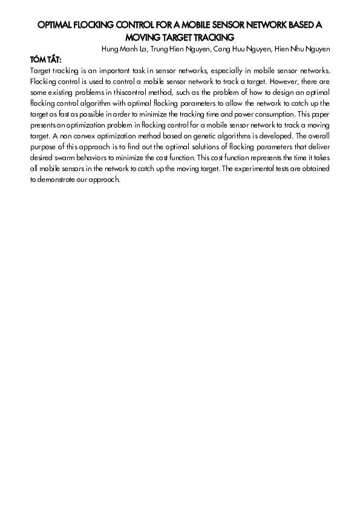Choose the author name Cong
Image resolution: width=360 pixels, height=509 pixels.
click(223, 49)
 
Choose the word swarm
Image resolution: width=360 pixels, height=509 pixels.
click(59, 158)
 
